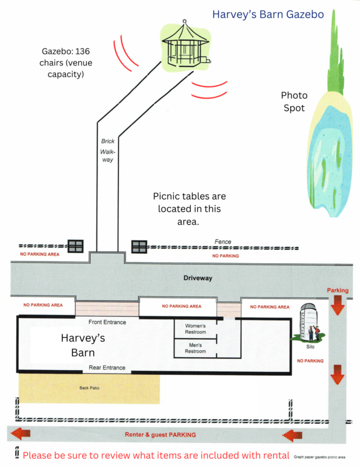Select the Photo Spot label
click(293, 102)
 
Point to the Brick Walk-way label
click(106, 151)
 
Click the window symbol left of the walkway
click(76, 246)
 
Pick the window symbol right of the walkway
click(139, 246)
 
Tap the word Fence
click(223, 242)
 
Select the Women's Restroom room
click(195, 329)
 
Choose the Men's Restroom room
click(195, 348)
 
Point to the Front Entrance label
click(107, 322)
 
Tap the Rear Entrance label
click(107, 368)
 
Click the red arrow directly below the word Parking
click(337, 306)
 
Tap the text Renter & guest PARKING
click(160, 435)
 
